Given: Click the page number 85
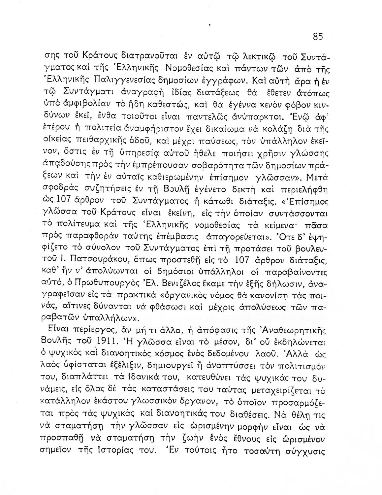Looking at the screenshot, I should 318,37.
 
